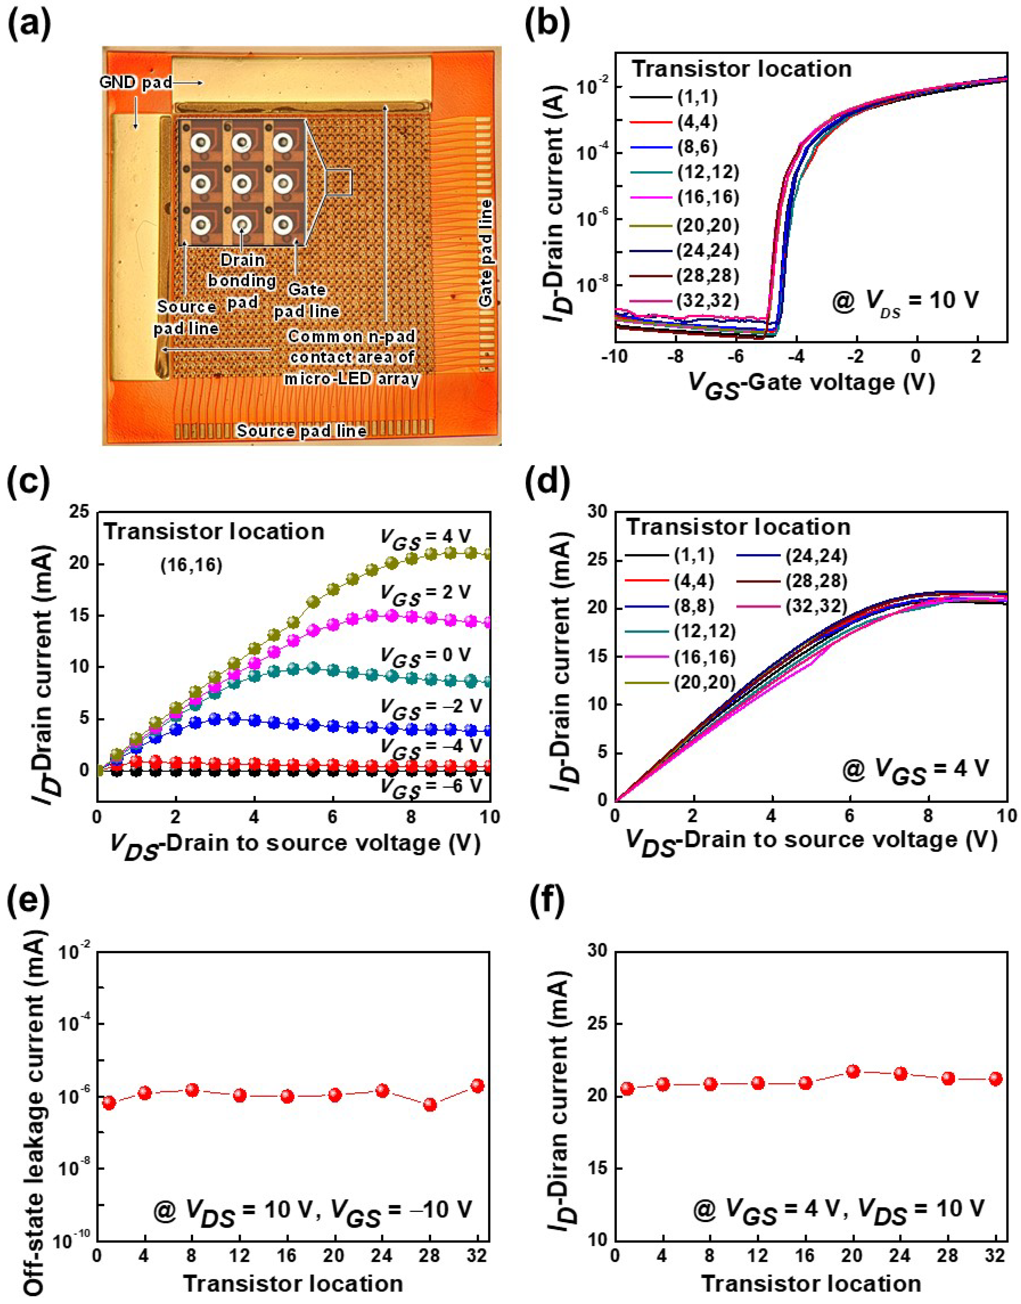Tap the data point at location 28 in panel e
click(430, 1104)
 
